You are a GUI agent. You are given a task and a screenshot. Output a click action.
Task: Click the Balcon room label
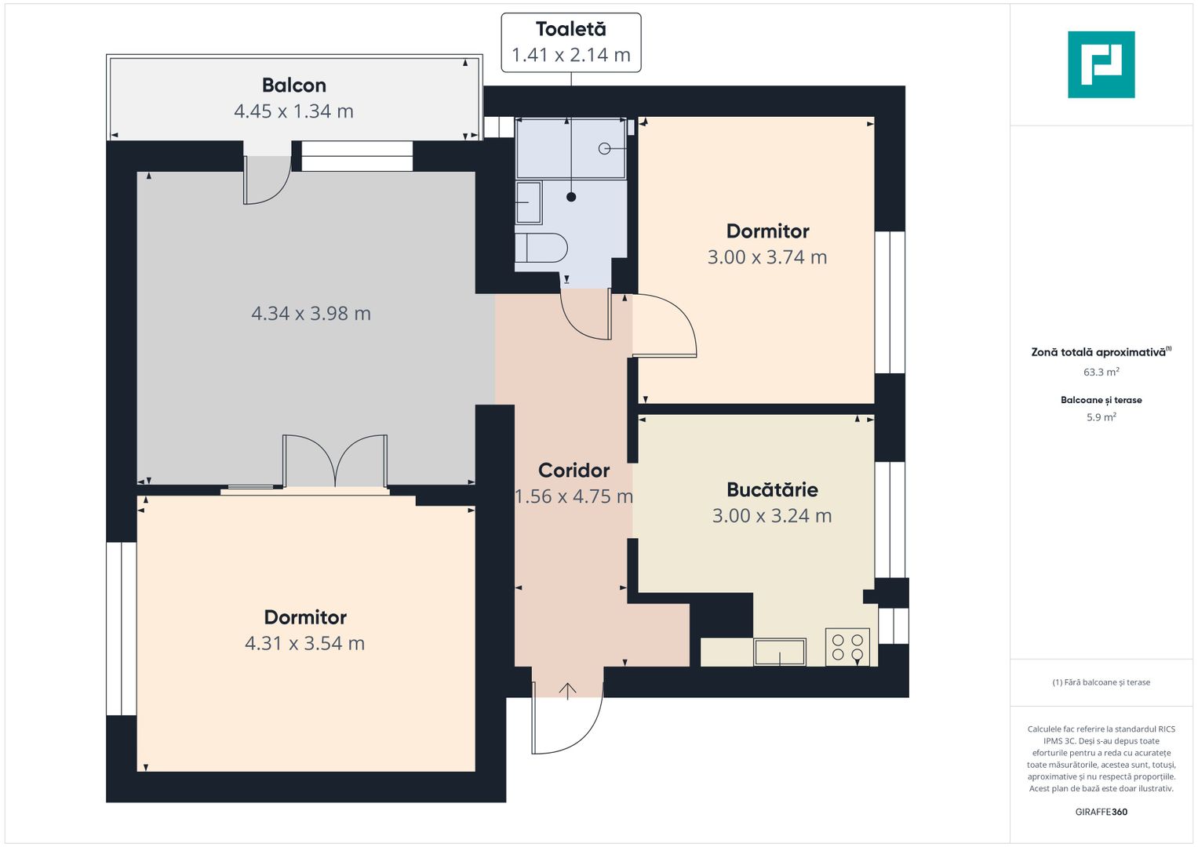[293, 85]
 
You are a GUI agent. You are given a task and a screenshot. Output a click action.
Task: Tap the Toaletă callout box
[570, 42]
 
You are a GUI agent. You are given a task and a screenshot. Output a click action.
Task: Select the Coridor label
[574, 471]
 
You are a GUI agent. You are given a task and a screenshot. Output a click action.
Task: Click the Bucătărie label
[772, 490]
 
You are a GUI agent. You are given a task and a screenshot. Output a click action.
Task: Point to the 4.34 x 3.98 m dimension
[311, 314]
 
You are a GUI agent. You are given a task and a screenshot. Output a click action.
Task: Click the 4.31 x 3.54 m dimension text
[304, 644]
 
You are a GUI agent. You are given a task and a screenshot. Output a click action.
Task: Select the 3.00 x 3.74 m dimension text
[767, 257]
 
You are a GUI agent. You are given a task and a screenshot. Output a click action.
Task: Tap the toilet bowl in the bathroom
[541, 248]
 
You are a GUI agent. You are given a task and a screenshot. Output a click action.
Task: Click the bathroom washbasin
[528, 202]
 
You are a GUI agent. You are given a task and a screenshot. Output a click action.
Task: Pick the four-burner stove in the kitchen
[847, 648]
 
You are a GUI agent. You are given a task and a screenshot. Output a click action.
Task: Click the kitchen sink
[779, 652]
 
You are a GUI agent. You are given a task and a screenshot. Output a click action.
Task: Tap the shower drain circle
[604, 148]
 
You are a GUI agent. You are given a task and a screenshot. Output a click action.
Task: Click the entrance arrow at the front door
[567, 690]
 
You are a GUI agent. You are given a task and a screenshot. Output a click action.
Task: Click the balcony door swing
[267, 180]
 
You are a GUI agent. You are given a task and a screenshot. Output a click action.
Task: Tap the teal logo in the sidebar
[1101, 64]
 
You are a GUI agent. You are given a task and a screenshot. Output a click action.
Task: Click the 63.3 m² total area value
[1101, 373]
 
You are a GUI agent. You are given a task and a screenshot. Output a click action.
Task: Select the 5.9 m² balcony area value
[1101, 417]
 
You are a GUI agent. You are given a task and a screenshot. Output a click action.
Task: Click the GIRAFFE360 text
[1101, 812]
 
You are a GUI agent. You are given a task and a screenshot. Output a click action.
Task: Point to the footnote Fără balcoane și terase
[1101, 682]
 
